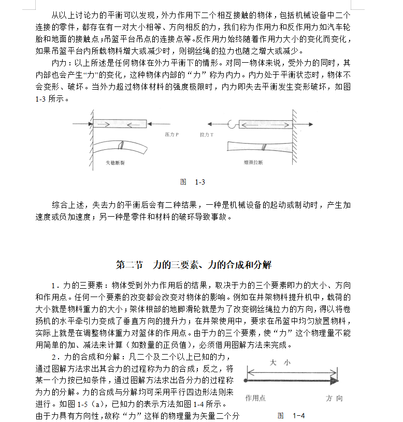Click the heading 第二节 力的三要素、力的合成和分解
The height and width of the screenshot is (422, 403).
193,265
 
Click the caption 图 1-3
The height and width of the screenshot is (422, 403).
193,182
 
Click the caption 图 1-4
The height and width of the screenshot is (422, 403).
291,415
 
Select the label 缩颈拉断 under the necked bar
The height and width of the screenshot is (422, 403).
253,162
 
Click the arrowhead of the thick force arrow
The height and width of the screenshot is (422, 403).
334,381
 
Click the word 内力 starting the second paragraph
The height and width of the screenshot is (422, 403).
58,63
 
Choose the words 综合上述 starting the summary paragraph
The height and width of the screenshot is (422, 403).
66,205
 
